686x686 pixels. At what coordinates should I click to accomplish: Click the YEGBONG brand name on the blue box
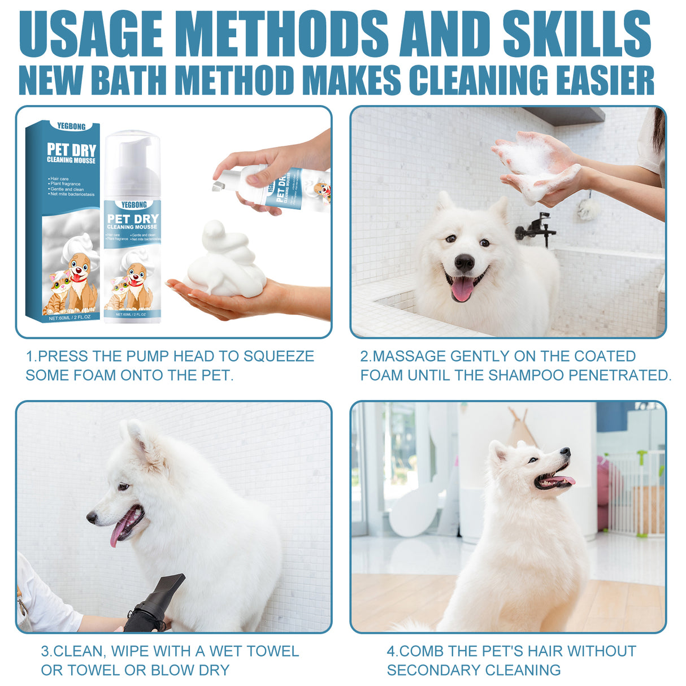pyautogui.click(x=71, y=126)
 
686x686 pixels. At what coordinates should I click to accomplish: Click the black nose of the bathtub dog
pyautogui.click(x=464, y=262)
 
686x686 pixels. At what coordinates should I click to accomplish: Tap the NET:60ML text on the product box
pyautogui.click(x=59, y=318)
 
